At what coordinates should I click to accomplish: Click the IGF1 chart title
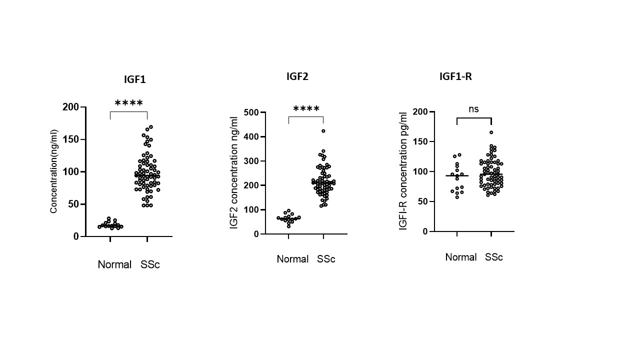135,79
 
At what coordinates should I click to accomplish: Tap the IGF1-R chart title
455,76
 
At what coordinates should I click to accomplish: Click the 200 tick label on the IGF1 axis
71,107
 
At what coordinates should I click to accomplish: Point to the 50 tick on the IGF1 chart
73,204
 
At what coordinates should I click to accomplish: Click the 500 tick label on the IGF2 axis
249,112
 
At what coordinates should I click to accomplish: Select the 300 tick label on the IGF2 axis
249,161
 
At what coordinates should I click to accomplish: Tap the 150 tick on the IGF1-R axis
421,141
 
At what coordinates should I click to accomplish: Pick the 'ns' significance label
474,109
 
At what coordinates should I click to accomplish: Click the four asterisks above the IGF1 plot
128,103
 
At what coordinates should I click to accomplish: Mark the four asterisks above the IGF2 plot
306,109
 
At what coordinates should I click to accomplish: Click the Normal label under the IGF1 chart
114,264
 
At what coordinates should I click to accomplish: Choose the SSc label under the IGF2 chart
326,259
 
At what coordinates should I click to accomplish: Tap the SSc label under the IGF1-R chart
493,257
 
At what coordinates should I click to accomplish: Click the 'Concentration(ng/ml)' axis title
54,171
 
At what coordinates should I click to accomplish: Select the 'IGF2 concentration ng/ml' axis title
233,172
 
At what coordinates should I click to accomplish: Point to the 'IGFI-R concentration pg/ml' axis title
403,171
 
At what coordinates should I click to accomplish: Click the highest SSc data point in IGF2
323,131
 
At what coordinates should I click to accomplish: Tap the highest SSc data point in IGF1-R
491,132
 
